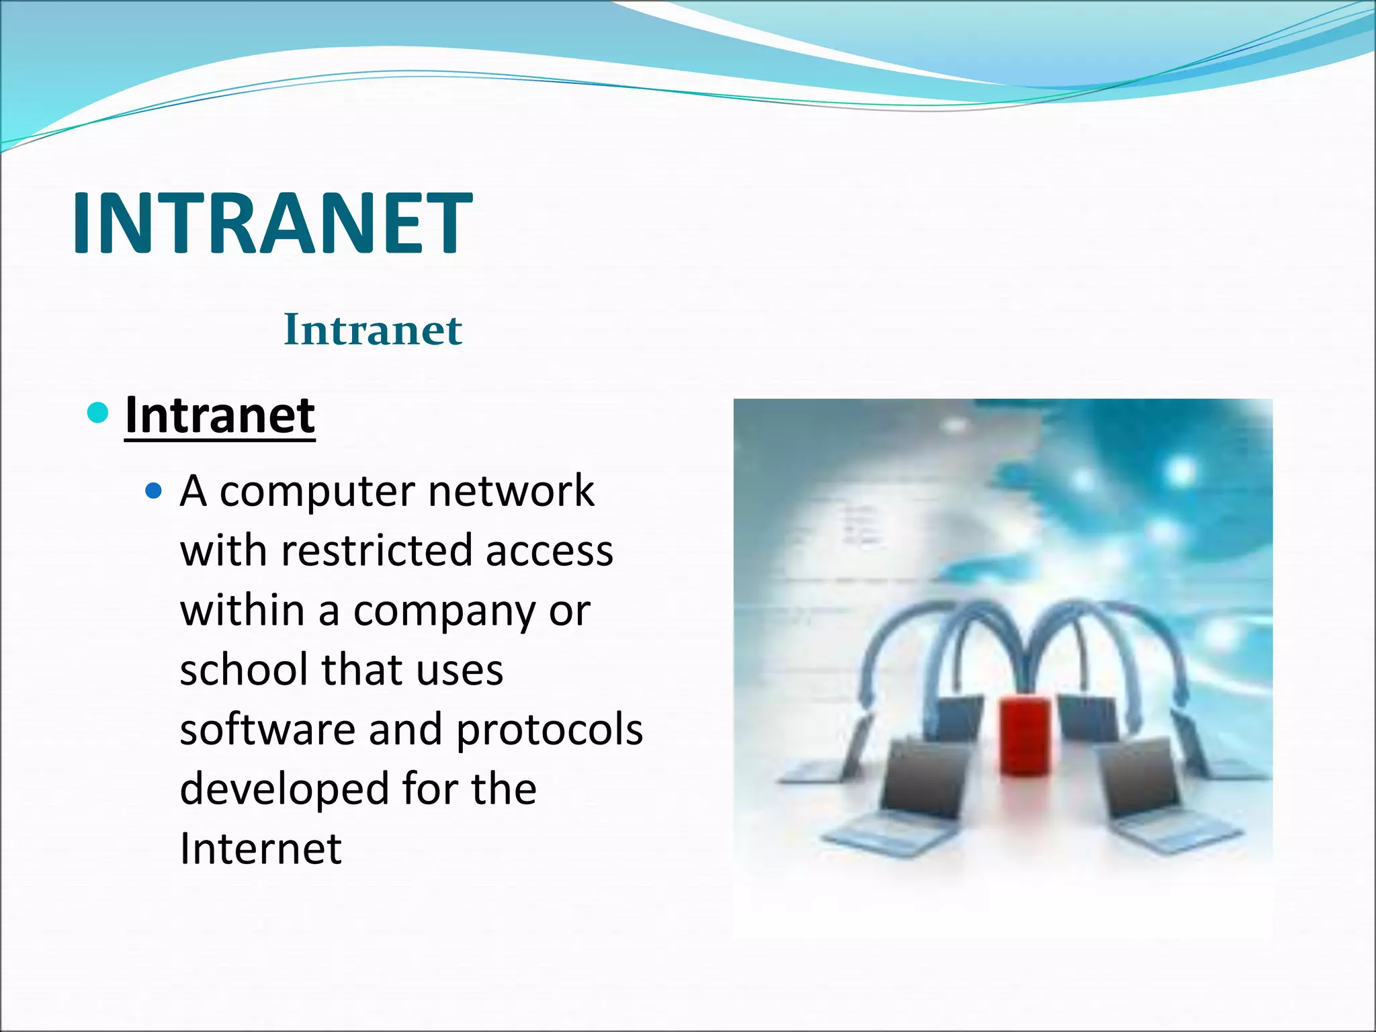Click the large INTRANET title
272,223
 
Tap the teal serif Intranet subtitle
373,330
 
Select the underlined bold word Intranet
220,415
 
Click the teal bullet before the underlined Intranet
98,412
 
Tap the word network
511,490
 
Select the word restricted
377,550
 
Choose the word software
267,730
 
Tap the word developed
284,790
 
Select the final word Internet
261,848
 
